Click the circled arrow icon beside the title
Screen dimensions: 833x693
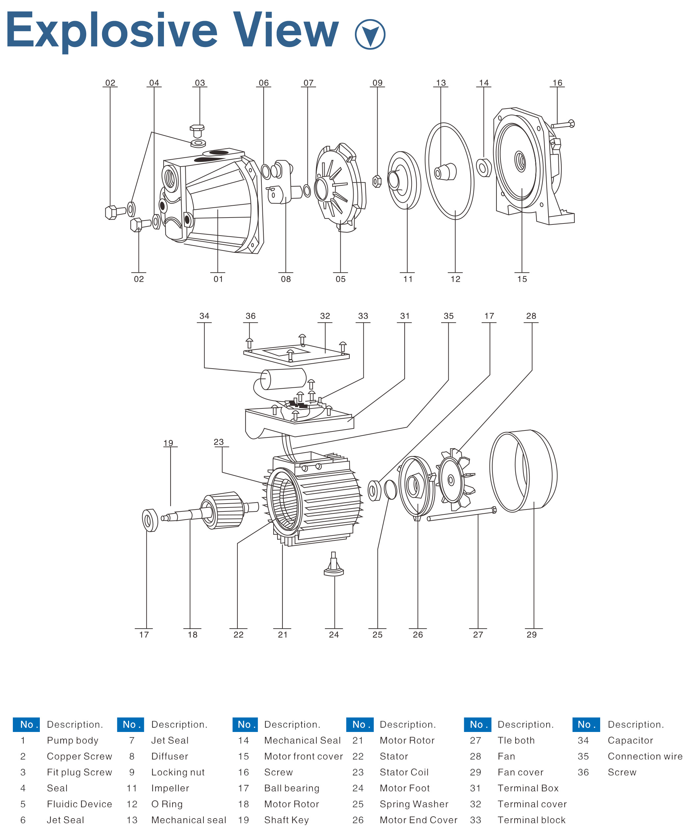click(x=370, y=34)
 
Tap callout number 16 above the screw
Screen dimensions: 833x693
click(x=557, y=83)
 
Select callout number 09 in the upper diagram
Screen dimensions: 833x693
click(x=377, y=83)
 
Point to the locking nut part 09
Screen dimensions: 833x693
click(x=377, y=181)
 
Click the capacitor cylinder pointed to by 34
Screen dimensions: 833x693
click(x=283, y=379)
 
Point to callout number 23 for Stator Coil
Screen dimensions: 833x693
click(x=219, y=442)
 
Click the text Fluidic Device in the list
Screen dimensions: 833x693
click(x=79, y=804)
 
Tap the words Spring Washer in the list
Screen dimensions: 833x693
click(x=414, y=804)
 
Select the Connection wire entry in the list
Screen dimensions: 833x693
click(x=645, y=756)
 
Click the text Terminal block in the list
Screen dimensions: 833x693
click(x=531, y=820)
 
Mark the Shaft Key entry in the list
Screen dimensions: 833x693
click(x=286, y=820)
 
